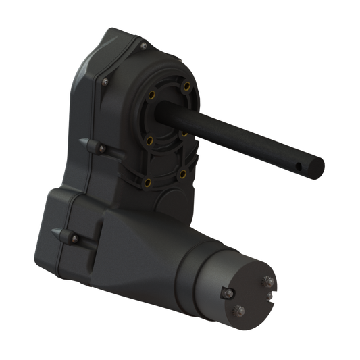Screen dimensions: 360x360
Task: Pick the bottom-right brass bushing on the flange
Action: (x=183, y=173)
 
